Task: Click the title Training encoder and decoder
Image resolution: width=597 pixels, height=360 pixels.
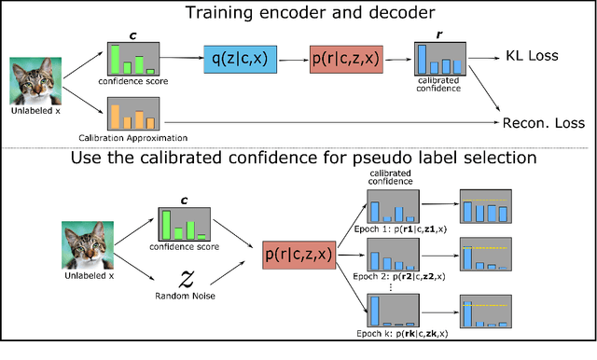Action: coord(298,13)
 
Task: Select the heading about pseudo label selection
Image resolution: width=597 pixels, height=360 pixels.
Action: coord(298,158)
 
